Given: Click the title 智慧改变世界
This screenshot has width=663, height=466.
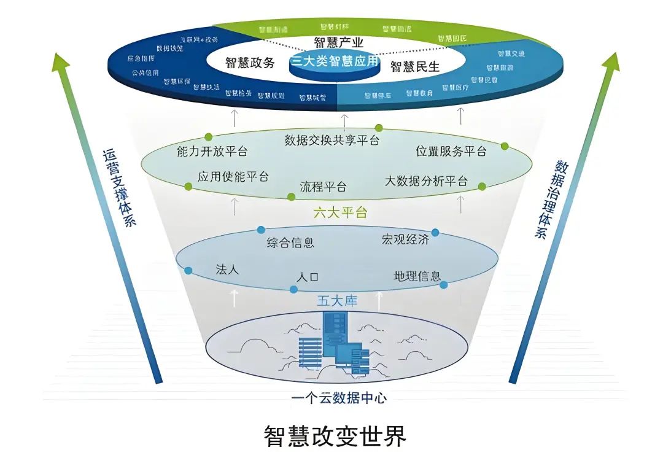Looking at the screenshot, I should (x=335, y=437).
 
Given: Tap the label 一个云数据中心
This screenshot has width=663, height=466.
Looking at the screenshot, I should (x=339, y=398).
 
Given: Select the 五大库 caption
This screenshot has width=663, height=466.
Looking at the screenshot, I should (x=336, y=301).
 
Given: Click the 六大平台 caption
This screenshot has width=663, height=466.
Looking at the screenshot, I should (x=340, y=213).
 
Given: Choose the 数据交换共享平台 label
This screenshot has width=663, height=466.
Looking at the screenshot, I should (x=331, y=141).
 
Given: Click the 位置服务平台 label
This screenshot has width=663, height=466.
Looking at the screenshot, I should (x=451, y=151).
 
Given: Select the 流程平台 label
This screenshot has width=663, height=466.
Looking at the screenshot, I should (x=323, y=186).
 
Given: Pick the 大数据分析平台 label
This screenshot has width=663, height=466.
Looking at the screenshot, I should (x=426, y=181).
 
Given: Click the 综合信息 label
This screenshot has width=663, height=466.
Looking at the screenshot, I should (x=290, y=243).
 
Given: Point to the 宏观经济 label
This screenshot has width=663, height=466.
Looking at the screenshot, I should (x=405, y=239).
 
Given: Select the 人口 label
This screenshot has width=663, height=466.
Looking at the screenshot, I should (x=308, y=277).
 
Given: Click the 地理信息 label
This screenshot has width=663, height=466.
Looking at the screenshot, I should (x=417, y=276).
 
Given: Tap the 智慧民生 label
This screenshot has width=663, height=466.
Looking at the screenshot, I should (x=415, y=67).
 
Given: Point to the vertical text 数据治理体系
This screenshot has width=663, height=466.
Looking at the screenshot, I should (x=551, y=200).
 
